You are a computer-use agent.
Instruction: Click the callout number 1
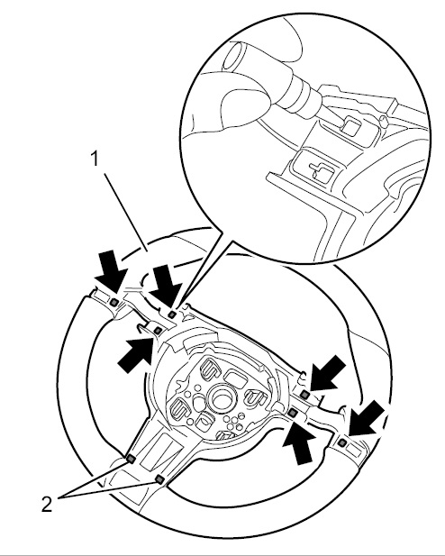(94, 159)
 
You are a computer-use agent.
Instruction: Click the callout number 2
(47, 505)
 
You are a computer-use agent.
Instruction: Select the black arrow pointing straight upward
(299, 442)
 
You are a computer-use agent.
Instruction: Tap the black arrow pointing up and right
(136, 354)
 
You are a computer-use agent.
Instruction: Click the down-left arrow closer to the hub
(328, 372)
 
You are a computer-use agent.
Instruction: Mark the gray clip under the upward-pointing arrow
(293, 413)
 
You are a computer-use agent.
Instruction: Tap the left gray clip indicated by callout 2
(131, 460)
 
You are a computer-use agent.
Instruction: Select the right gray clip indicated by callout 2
(159, 479)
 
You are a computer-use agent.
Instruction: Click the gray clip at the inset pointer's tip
(172, 314)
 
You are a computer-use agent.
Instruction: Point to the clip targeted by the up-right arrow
(159, 331)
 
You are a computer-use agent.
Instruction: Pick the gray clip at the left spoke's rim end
(114, 302)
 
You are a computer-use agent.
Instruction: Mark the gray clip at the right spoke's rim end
(342, 442)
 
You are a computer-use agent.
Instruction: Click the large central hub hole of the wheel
(223, 398)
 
